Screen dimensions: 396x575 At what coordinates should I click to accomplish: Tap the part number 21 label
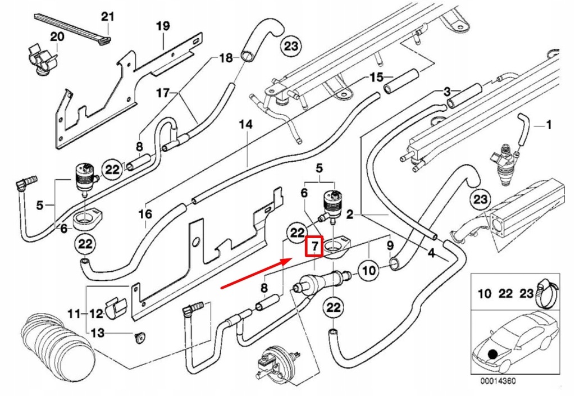click(x=107, y=16)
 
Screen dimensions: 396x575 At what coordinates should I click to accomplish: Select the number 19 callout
click(x=163, y=26)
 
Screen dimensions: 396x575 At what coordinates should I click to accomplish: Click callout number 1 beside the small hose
click(x=549, y=125)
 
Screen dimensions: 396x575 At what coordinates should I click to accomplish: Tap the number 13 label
click(x=97, y=333)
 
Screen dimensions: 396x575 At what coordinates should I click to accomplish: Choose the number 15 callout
click(x=376, y=76)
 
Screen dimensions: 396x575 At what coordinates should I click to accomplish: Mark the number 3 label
click(x=447, y=92)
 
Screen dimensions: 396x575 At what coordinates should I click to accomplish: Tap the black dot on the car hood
click(x=492, y=354)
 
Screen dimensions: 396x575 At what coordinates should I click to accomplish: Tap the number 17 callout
click(x=162, y=93)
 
